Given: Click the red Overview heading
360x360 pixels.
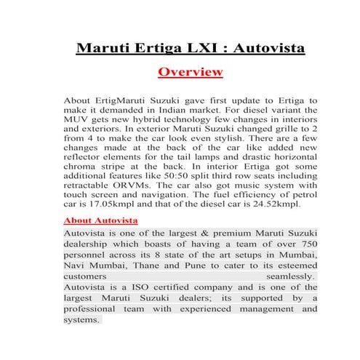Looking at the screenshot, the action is (190, 72).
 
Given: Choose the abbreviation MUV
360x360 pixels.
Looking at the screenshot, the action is (77, 120).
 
